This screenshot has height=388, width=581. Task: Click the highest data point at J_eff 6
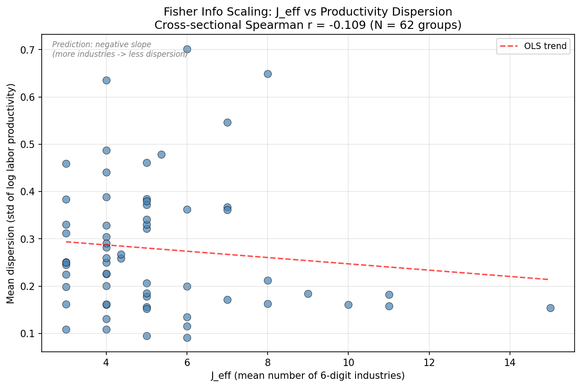[x=187, y=49]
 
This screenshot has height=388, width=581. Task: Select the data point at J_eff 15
[x=550, y=308]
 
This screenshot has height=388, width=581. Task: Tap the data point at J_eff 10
[x=348, y=305]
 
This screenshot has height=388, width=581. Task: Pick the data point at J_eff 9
[x=308, y=294]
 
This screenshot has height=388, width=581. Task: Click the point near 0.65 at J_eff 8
[x=268, y=74]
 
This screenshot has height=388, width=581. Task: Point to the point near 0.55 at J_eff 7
[x=227, y=122]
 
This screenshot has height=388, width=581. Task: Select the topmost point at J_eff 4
[x=106, y=80]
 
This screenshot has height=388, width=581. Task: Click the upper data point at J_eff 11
[x=389, y=295]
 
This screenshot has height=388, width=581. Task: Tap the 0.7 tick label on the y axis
[x=28, y=50]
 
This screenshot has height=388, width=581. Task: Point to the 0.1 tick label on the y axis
[x=28, y=333]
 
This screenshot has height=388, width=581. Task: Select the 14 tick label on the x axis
[x=510, y=362]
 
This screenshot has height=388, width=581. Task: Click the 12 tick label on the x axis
[x=429, y=362]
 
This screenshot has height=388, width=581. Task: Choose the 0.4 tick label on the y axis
[x=28, y=192]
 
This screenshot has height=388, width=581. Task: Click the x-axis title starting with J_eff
[x=307, y=376]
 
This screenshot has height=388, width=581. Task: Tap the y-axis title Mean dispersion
[x=11, y=193]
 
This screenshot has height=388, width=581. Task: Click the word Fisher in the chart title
[x=177, y=12]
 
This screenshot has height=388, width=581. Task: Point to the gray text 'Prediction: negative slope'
[x=102, y=44]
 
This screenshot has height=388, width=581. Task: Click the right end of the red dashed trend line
[x=548, y=279]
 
